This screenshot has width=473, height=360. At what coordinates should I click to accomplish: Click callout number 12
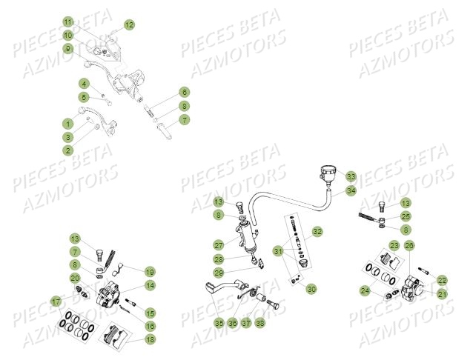point(129,24)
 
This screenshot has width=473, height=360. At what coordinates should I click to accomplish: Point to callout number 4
point(85,83)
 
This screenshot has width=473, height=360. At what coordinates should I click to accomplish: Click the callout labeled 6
point(184,93)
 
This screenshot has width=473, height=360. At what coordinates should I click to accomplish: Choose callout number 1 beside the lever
point(67,123)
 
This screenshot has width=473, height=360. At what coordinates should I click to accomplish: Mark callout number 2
point(67,150)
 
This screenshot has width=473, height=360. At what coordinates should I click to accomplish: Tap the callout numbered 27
point(219,245)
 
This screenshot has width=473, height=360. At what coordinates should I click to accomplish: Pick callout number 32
point(317,231)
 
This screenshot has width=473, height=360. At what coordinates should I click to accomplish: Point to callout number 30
point(311,289)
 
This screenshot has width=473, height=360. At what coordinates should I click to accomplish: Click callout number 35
point(219,323)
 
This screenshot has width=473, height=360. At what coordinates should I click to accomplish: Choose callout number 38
point(259,323)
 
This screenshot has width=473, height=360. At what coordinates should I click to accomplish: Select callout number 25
point(406,216)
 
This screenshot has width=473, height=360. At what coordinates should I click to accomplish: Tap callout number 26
point(408,245)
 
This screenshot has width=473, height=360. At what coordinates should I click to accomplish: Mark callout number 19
point(150,270)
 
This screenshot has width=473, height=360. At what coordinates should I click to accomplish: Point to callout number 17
point(55,301)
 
